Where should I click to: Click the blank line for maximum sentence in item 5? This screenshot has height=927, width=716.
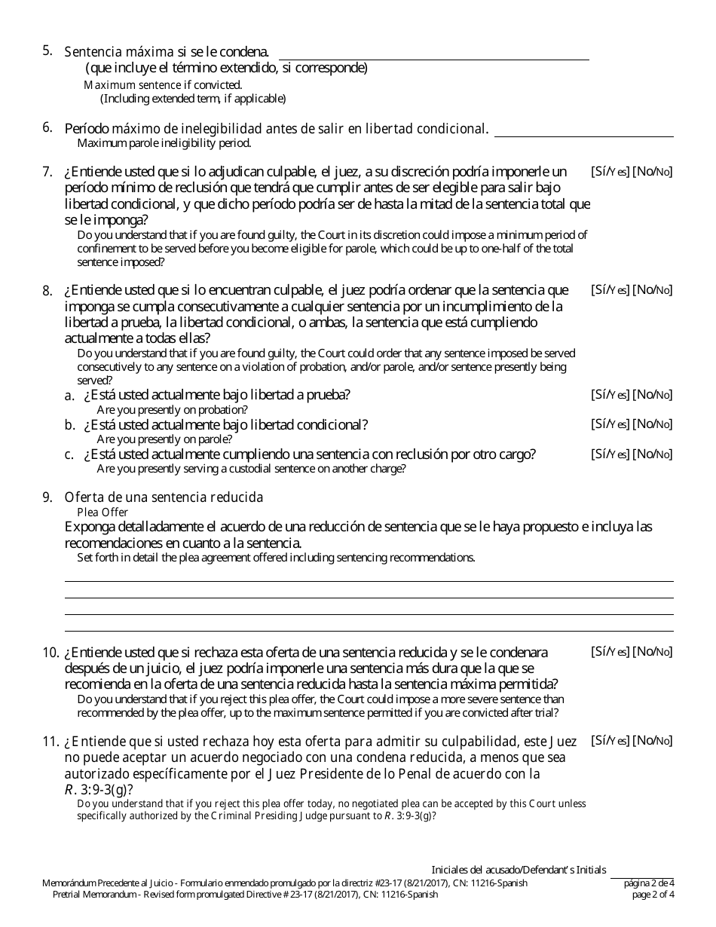(x=433, y=58)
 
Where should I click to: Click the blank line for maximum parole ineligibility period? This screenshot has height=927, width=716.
(x=583, y=136)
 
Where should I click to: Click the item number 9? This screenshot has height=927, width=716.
(x=47, y=497)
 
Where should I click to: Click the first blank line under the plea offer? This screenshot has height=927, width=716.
(x=369, y=580)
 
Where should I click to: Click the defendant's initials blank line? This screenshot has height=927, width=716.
(x=642, y=877)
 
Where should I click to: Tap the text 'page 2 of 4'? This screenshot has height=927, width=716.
(x=653, y=895)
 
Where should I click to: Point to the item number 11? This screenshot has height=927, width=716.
(x=50, y=742)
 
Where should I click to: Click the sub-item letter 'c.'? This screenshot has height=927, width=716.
(x=69, y=454)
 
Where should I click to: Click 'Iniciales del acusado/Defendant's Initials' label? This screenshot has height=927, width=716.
(x=519, y=870)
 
